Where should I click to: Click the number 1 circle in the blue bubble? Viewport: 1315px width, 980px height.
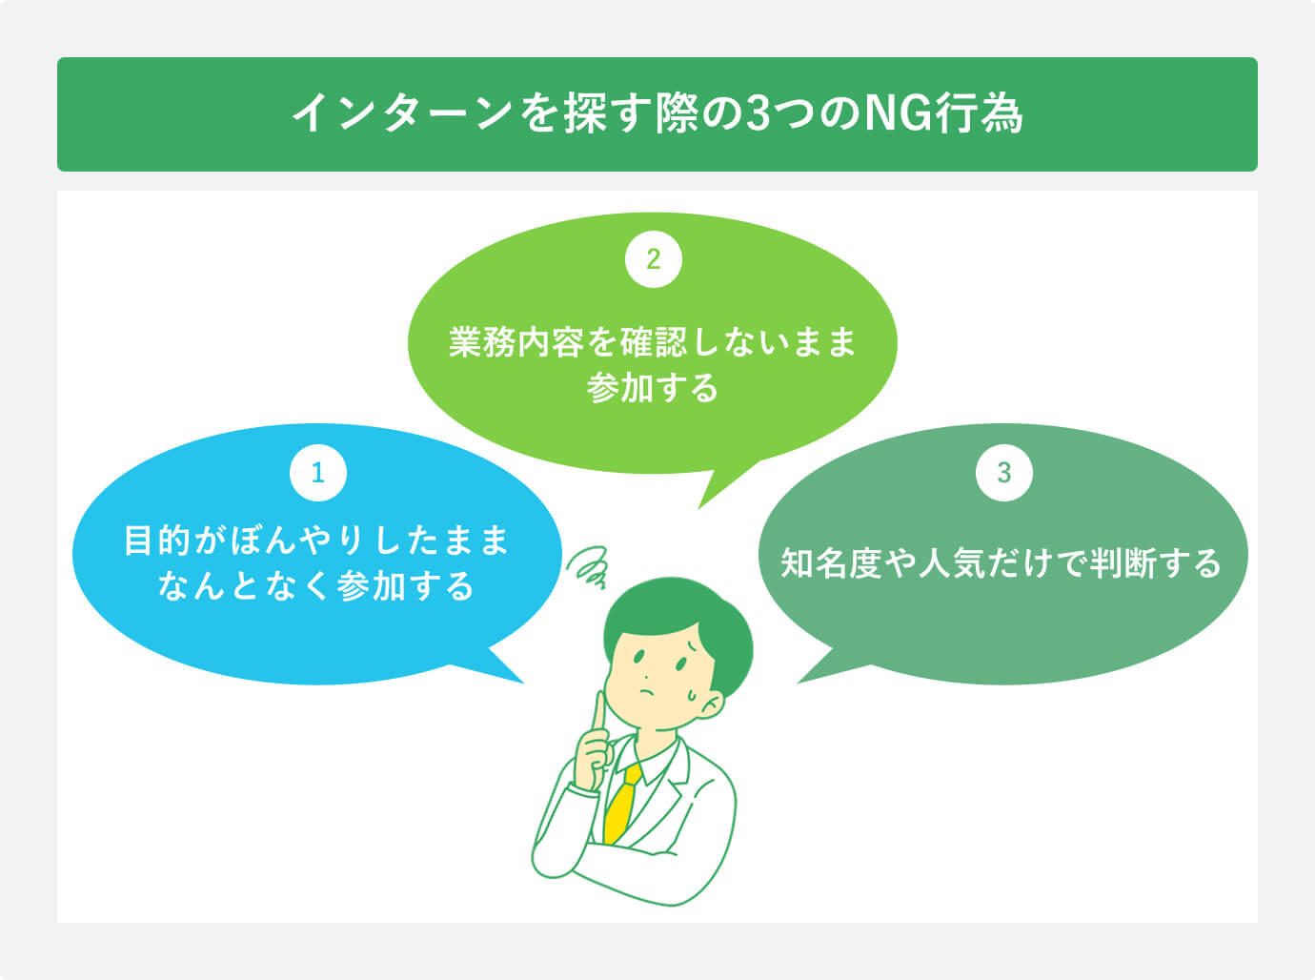pyautogui.click(x=317, y=472)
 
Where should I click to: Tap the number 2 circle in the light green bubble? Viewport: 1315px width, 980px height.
pyautogui.click(x=653, y=258)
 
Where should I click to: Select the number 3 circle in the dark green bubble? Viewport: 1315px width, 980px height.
pyautogui.click(x=1003, y=472)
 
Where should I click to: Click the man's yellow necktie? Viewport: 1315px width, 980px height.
pyautogui.click(x=621, y=802)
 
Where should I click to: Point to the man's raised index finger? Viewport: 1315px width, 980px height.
pyautogui.click(x=599, y=715)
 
